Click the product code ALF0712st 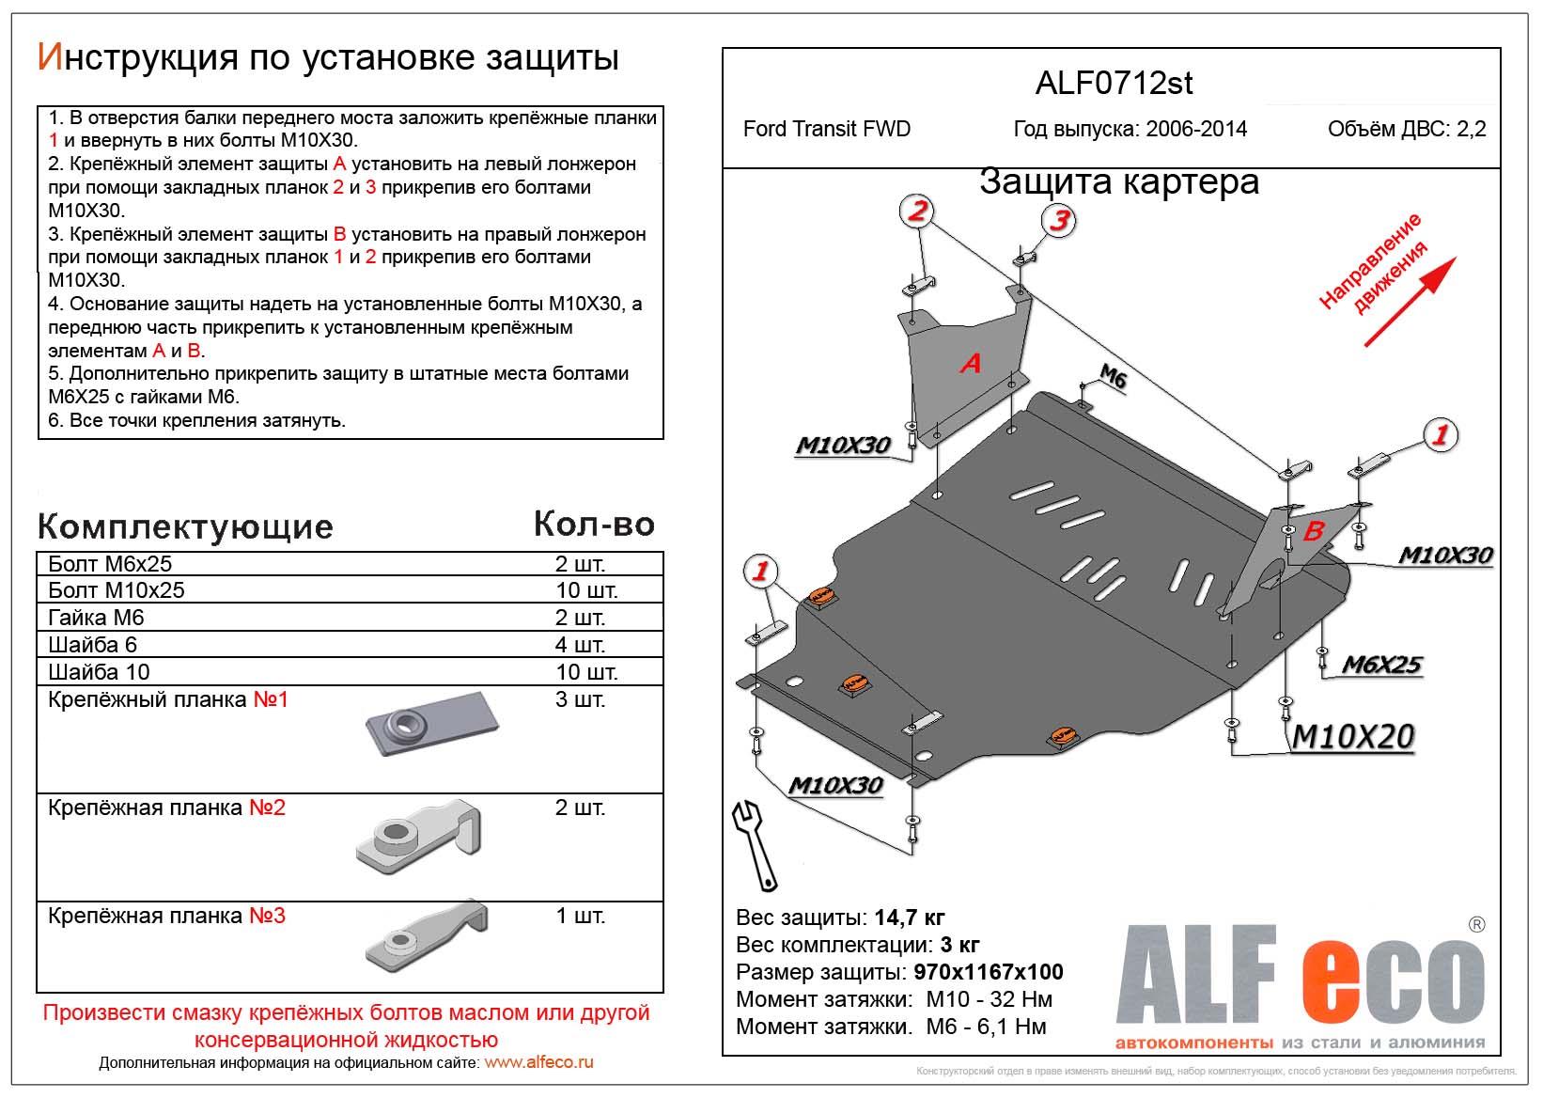tap(1114, 84)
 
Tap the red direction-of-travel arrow tap(1410, 302)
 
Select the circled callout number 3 tap(1059, 220)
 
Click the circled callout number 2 tap(917, 211)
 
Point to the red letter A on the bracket tap(970, 363)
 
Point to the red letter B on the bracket tap(1314, 531)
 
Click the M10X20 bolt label tap(1353, 737)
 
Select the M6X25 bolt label tap(1381, 665)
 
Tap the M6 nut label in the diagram tap(1113, 377)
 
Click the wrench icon tap(755, 844)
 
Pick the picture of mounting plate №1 tap(431, 725)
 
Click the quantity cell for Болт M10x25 tap(585, 590)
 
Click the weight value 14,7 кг tap(909, 918)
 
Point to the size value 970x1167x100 tap(988, 972)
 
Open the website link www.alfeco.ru tap(538, 1062)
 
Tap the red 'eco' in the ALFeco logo tap(1393, 982)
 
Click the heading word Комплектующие tap(185, 527)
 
